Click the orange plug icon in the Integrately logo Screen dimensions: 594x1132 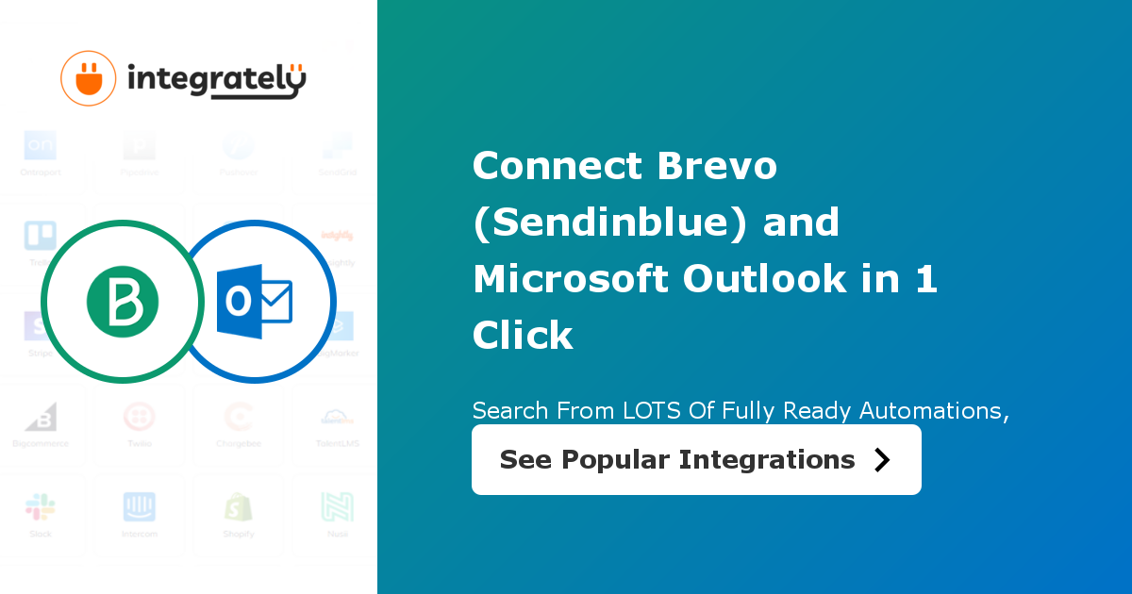click(89, 78)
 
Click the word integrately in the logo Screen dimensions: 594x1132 click(216, 80)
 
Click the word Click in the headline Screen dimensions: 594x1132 click(523, 336)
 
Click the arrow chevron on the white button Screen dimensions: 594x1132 click(882, 459)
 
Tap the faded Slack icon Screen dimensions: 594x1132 click(41, 507)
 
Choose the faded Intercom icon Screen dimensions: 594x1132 click(140, 507)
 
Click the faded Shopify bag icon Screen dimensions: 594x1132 click(239, 507)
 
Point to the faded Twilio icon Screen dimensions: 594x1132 click(140, 417)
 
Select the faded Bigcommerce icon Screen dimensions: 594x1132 click(41, 417)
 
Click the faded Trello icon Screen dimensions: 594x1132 click(41, 236)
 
